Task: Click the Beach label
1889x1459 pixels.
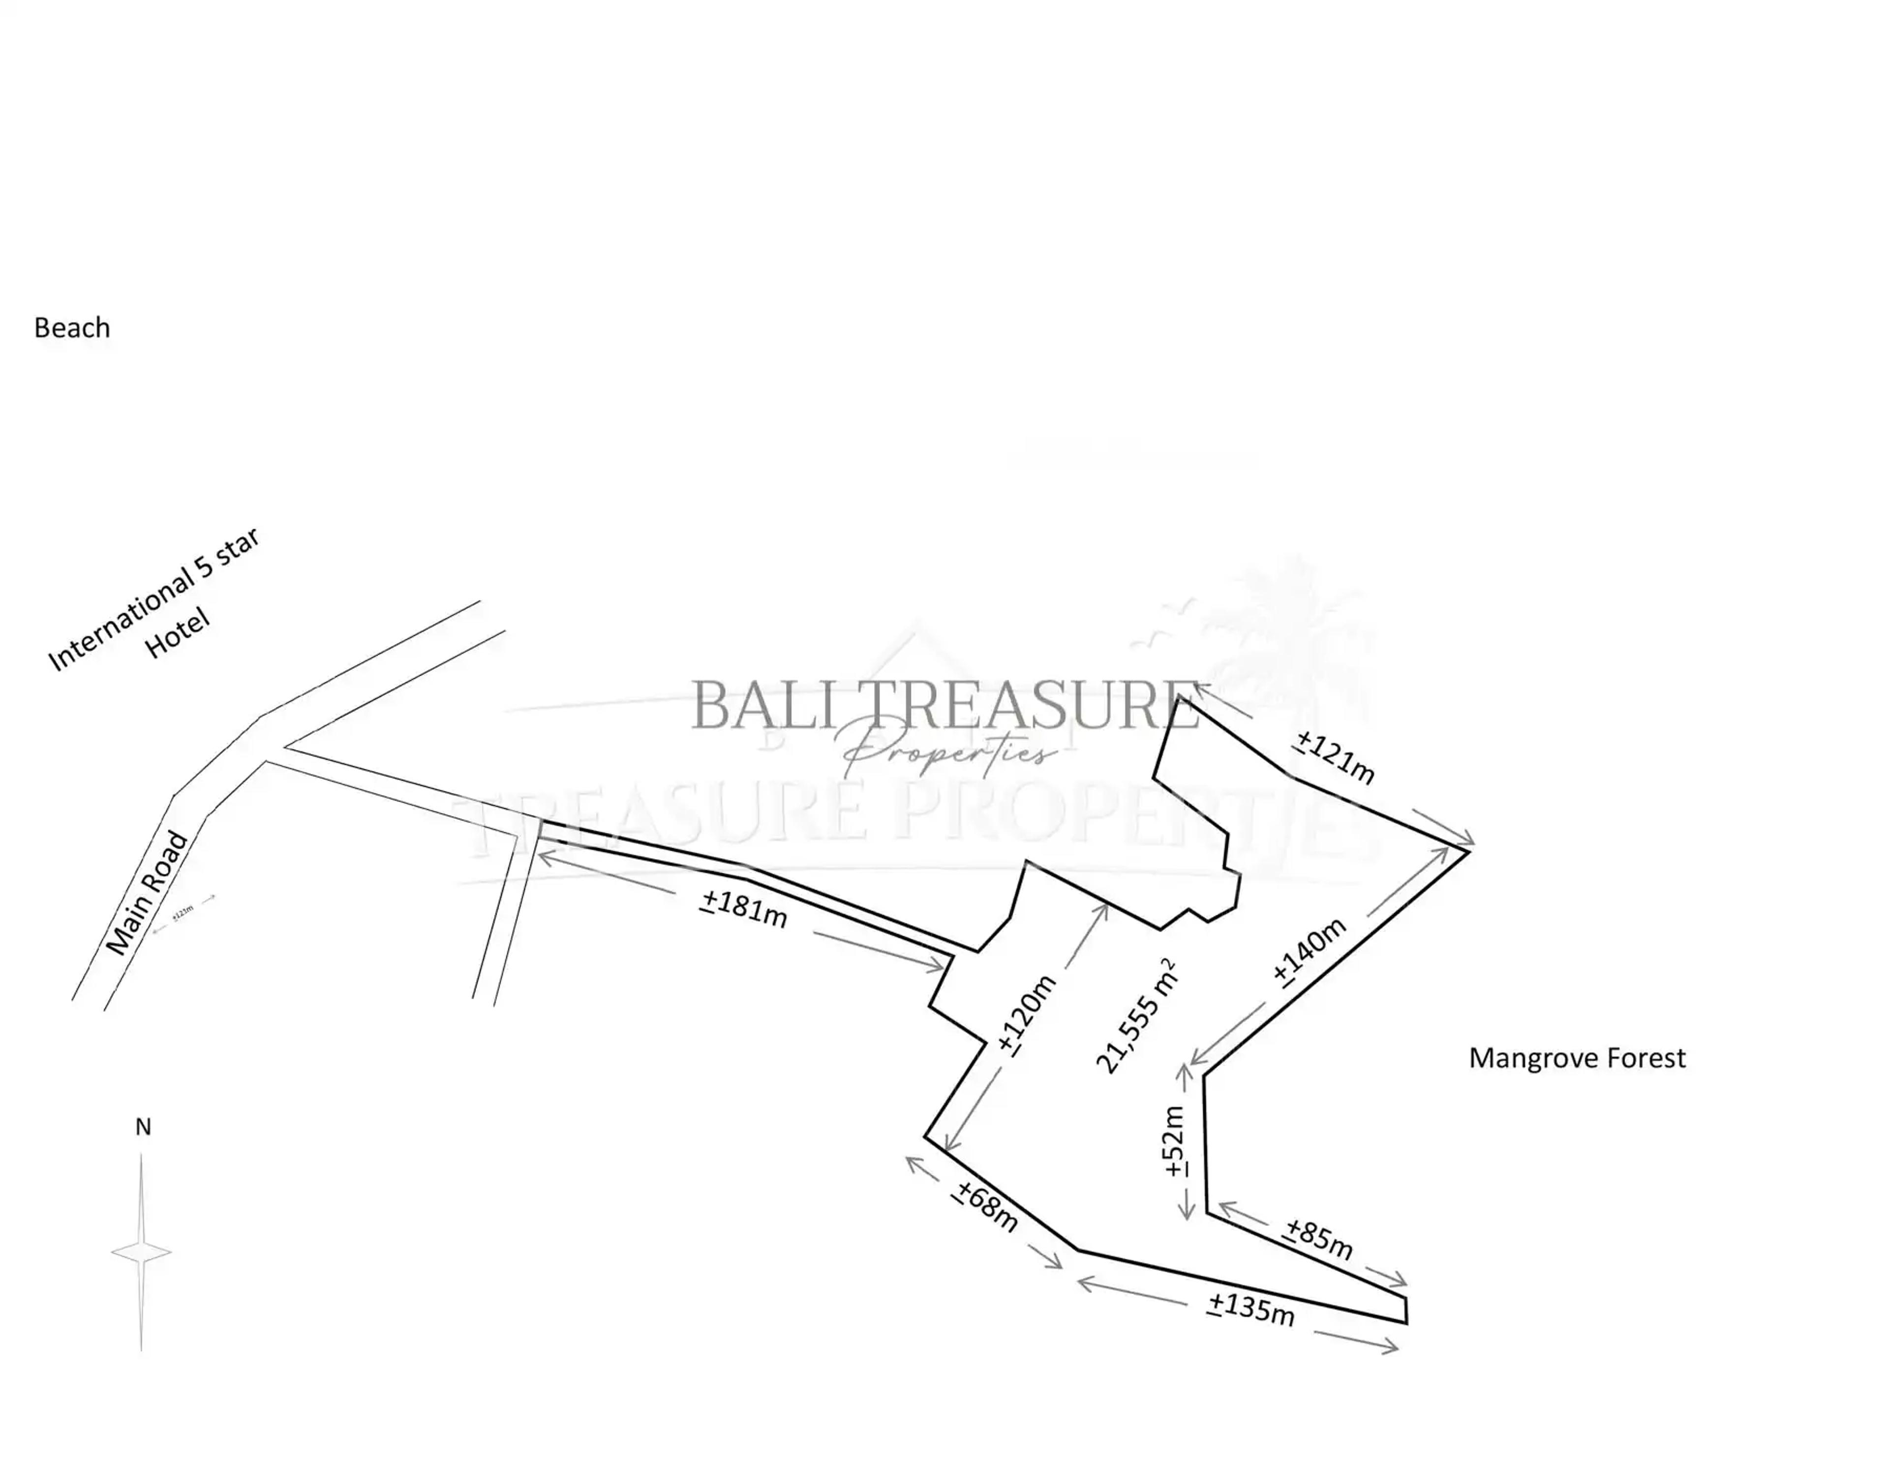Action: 72,328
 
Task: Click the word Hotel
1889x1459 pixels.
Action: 177,633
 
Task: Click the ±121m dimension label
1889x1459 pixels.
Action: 1335,757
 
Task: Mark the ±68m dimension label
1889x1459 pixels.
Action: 986,1206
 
